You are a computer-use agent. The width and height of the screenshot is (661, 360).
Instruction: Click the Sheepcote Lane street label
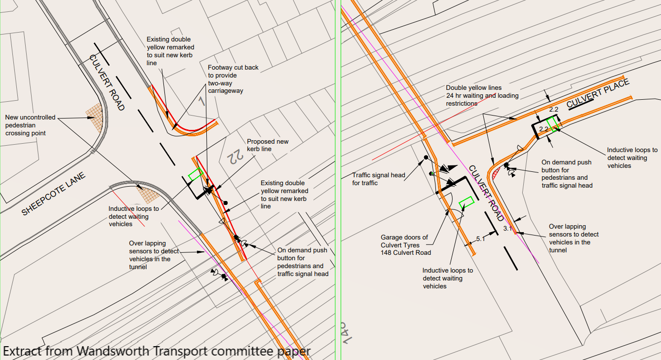tap(54, 194)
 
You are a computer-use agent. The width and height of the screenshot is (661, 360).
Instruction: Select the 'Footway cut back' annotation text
tap(233, 79)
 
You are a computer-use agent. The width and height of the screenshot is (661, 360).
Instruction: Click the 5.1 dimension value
tap(480, 239)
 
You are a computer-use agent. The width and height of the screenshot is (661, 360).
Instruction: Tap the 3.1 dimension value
tap(507, 229)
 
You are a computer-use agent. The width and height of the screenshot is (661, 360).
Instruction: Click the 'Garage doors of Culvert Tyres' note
tap(404, 245)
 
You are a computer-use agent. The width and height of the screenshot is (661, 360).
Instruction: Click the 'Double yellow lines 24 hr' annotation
tap(482, 96)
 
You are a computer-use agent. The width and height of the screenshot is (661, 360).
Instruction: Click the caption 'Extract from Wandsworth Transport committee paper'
tap(156, 351)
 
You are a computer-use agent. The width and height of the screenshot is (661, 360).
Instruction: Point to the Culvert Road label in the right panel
tap(486, 193)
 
